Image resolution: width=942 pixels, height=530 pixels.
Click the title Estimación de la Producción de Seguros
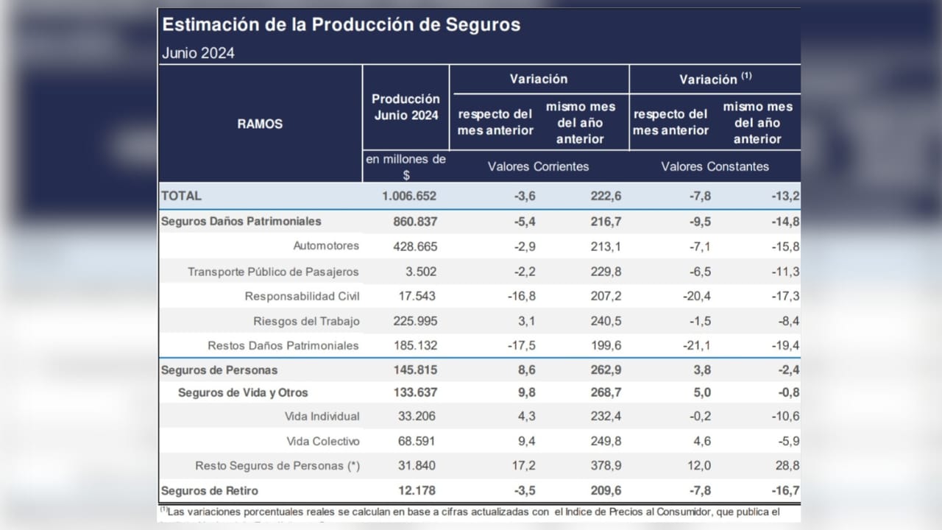point(341,24)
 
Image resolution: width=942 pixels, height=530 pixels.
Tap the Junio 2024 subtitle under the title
point(198,53)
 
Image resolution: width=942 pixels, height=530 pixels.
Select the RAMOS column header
point(260,124)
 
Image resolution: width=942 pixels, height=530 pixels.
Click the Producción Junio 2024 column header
point(406,107)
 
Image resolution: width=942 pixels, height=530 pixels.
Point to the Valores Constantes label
point(715,166)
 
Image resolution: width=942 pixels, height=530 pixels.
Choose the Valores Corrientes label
point(538,166)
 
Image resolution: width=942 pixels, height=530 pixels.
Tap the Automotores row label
point(326,246)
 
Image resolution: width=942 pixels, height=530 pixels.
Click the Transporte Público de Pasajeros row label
point(273,272)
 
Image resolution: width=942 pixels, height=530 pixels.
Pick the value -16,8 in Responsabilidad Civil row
point(518,296)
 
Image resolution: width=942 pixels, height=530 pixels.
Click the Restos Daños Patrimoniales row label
point(283,345)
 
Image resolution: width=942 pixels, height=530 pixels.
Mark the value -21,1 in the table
point(695,345)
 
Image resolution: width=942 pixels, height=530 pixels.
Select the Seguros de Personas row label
point(219,370)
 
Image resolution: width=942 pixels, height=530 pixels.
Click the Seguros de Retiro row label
point(210,490)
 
